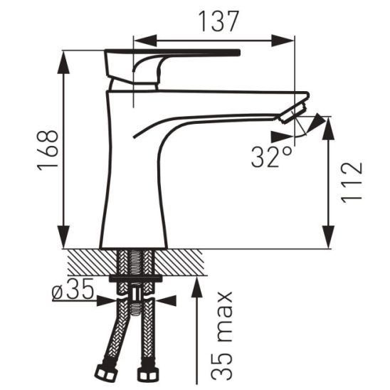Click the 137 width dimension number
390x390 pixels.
click(218, 21)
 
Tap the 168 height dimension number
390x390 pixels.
click(48, 150)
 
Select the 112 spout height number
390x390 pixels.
click(352, 182)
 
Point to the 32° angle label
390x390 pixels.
click(271, 157)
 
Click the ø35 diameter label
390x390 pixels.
click(73, 288)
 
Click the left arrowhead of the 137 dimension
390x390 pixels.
click(145, 41)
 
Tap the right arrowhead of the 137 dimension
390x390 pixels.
click(283, 41)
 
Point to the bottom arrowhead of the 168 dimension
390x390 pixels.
click(63, 237)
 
